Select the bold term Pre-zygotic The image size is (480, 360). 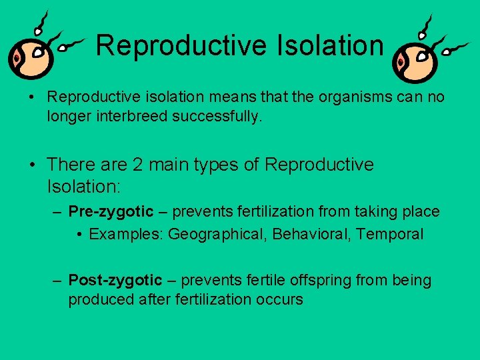111,212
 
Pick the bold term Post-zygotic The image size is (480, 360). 115,281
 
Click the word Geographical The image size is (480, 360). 211,234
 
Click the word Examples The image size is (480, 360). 126,234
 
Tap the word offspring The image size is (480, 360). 320,281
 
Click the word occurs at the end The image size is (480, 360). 279,299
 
